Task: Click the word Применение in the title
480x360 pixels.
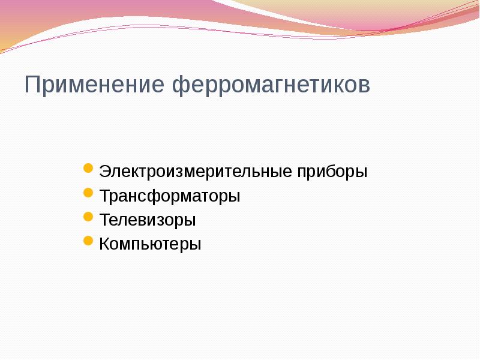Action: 95,85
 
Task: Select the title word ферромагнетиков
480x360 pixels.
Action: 272,85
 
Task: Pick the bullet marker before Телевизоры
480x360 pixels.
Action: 88,217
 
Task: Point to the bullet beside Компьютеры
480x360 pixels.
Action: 88,241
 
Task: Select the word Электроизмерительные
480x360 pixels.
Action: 196,172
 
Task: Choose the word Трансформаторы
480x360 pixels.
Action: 170,196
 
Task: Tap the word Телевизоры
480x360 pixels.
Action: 148,220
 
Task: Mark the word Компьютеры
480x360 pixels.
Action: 150,244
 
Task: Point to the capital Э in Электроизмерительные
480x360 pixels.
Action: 105,172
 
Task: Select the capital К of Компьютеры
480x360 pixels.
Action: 105,244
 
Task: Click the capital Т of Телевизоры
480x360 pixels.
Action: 105,220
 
